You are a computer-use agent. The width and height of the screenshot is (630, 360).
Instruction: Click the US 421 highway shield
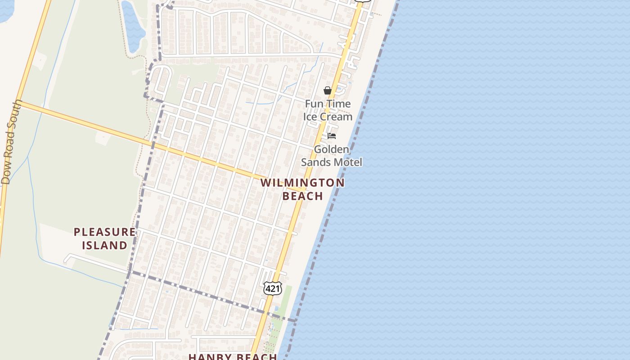tap(272, 288)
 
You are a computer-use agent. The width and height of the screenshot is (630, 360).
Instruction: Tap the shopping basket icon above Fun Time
tap(328, 90)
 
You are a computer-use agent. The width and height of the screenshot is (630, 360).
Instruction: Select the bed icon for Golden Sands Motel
tap(332, 135)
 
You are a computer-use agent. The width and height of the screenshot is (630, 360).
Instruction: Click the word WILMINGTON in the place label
tap(302, 183)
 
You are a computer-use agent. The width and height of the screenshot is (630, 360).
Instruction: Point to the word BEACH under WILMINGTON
tap(302, 196)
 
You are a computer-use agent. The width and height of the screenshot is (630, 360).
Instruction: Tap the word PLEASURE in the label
tap(104, 232)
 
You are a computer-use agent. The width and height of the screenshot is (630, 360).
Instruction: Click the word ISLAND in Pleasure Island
tap(104, 245)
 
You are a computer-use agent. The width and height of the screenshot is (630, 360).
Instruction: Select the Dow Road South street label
tap(11, 142)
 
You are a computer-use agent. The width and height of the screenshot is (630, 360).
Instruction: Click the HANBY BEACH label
tap(233, 357)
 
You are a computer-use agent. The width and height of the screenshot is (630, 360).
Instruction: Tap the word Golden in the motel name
tap(331, 149)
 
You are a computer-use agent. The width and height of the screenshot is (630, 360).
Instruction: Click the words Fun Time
tap(328, 104)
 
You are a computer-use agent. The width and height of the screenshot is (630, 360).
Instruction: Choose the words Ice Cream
tap(328, 117)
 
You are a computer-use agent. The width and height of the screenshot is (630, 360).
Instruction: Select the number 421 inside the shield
tap(272, 288)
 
